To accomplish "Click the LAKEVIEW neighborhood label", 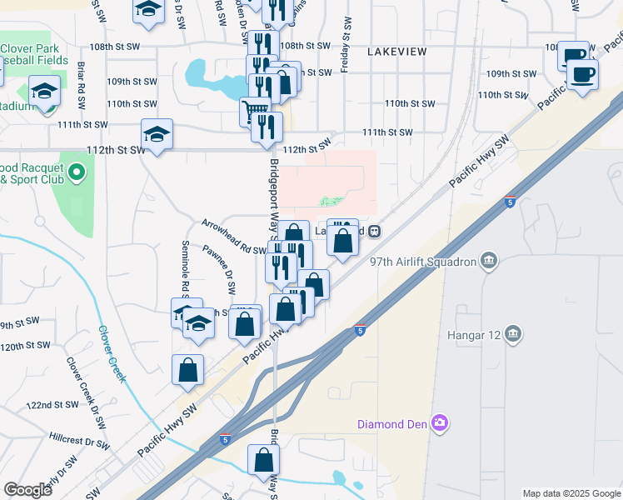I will coord(396,52).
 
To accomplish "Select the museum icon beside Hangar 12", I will coord(514,334).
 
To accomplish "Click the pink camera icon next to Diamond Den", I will coord(440,423).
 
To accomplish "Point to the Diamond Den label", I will coord(391,424).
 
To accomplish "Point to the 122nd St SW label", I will coord(52,405).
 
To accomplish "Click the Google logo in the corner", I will coord(27,490).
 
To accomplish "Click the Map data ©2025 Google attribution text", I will coord(571,493).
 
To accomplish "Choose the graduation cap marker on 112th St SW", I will coord(157,133).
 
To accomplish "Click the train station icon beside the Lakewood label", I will coord(375,231).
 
